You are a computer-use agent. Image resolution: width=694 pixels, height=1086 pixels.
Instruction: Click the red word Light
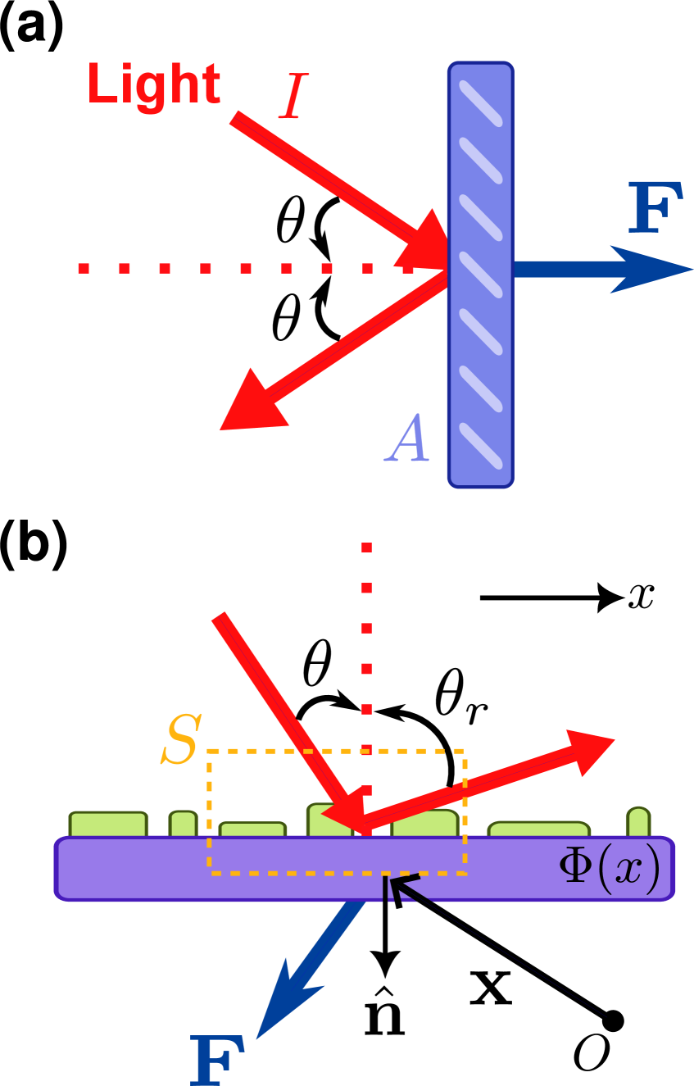click(x=153, y=84)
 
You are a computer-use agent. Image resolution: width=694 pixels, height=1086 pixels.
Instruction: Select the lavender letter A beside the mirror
click(x=408, y=439)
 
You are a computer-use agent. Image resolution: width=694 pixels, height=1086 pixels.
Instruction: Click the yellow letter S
click(x=180, y=740)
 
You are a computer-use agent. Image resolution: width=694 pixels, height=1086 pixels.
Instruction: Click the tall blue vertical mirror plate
click(x=481, y=275)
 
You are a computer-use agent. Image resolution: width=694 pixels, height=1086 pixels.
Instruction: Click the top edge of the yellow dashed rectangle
click(x=336, y=751)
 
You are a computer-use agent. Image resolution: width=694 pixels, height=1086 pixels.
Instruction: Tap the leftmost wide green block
click(x=108, y=825)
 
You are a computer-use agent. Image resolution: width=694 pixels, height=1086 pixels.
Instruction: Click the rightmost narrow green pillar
click(x=638, y=822)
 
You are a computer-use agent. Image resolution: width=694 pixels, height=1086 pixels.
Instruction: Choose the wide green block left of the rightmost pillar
click(x=538, y=829)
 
